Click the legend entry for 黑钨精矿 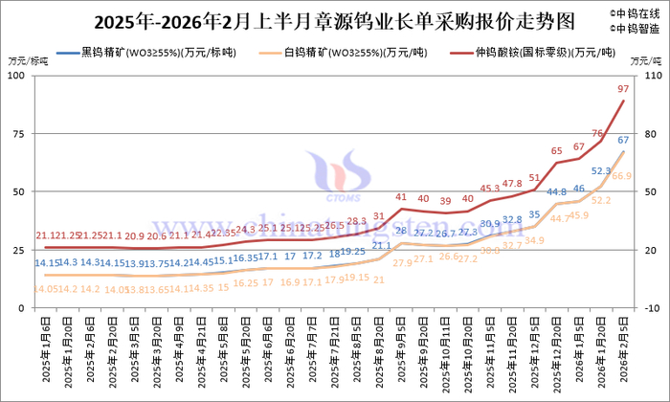147,53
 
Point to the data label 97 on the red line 623,88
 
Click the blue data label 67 623,141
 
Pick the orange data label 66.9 622,175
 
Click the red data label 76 598,134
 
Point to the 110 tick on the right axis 653,76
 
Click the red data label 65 557,151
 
